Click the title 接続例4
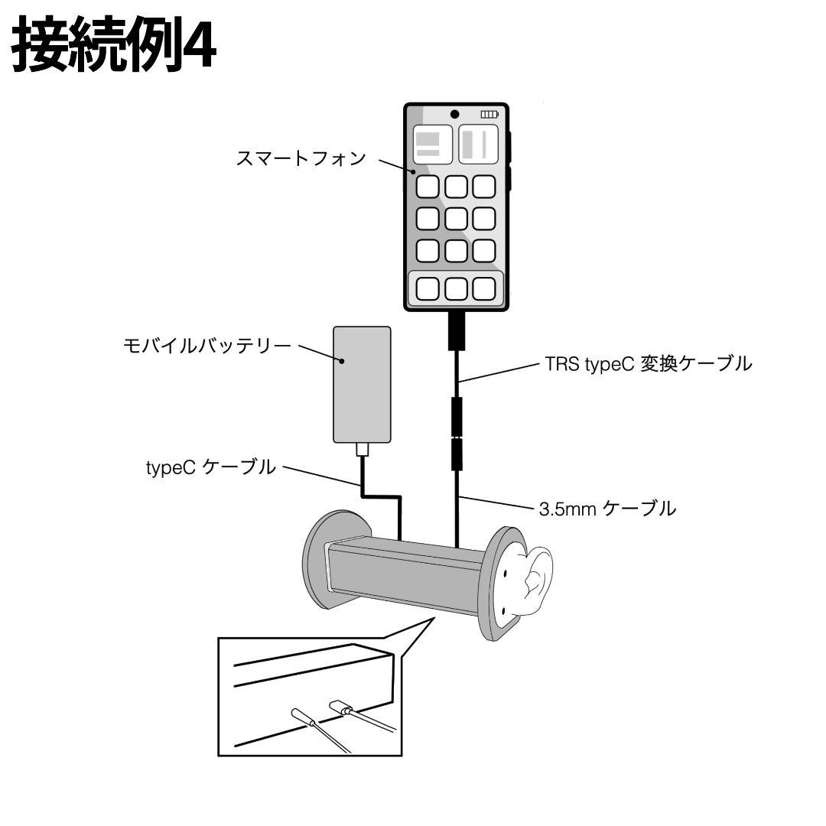coord(115,47)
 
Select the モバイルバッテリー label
coord(207,346)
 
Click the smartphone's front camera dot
coord(455,114)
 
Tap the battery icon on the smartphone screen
coord(489,114)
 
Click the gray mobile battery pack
coord(363,384)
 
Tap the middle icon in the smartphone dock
coord(456,288)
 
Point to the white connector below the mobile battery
coord(363,450)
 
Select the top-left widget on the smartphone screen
coord(432,145)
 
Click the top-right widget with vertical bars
coord(479,145)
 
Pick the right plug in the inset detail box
coord(340,707)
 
